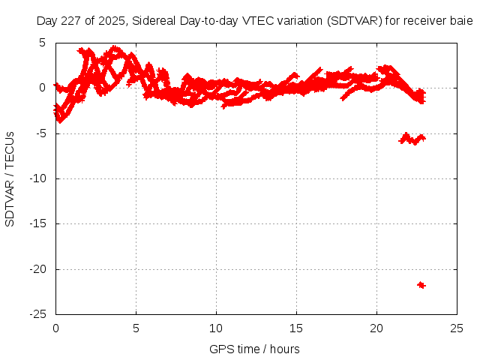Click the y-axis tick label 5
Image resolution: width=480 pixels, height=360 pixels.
click(45, 43)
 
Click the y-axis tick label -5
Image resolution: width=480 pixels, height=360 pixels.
click(43, 133)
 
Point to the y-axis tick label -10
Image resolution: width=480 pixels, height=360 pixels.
click(40, 178)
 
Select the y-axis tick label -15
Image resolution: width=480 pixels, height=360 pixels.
click(40, 223)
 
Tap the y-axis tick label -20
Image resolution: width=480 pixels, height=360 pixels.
click(40, 269)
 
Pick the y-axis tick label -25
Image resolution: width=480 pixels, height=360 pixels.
click(40, 314)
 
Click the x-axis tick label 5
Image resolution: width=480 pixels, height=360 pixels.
click(136, 328)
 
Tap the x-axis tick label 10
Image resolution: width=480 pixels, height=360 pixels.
click(216, 328)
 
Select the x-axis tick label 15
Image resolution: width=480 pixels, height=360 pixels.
click(296, 328)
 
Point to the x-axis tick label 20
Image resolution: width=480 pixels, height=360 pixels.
click(376, 328)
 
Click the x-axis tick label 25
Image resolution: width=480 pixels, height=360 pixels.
click(457, 328)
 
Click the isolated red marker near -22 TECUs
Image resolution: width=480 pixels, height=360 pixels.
click(421, 285)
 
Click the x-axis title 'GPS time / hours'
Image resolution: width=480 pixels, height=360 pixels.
click(254, 349)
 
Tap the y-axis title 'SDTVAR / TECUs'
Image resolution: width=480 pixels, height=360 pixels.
click(10, 178)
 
